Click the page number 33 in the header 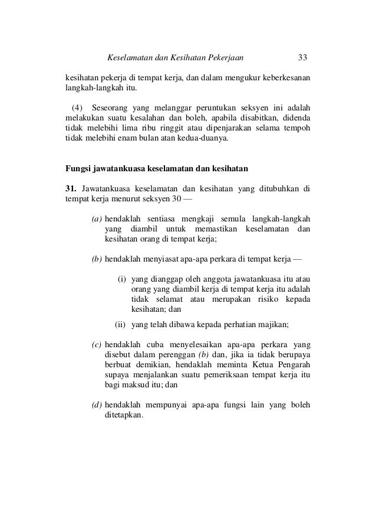pyautogui.click(x=303, y=58)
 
